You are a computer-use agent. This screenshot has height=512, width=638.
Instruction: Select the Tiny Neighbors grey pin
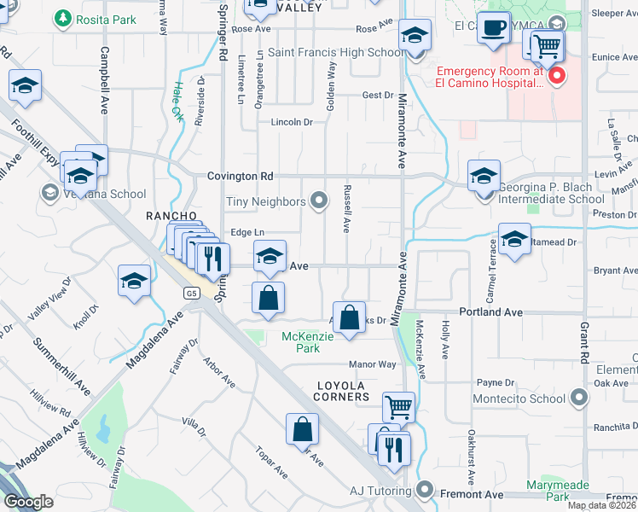tap(319, 201)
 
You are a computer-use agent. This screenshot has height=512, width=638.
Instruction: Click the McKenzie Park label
tap(300, 342)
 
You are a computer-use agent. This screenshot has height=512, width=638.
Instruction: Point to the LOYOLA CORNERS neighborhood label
tap(343, 397)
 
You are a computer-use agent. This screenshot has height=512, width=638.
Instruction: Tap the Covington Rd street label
tap(240, 177)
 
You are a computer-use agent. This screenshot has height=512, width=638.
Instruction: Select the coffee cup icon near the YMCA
tap(492, 27)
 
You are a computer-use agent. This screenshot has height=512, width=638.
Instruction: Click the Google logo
tap(28, 501)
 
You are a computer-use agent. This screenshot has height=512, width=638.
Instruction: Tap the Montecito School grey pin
tap(580, 398)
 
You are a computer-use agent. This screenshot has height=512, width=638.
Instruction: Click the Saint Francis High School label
tap(336, 52)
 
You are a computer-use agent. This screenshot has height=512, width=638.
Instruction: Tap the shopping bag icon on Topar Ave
tap(303, 428)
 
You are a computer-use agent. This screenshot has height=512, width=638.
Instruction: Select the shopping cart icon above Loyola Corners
tap(397, 405)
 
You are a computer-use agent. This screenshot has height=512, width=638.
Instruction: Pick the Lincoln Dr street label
tap(292, 122)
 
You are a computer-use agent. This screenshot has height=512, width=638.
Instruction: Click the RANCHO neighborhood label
tap(171, 216)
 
